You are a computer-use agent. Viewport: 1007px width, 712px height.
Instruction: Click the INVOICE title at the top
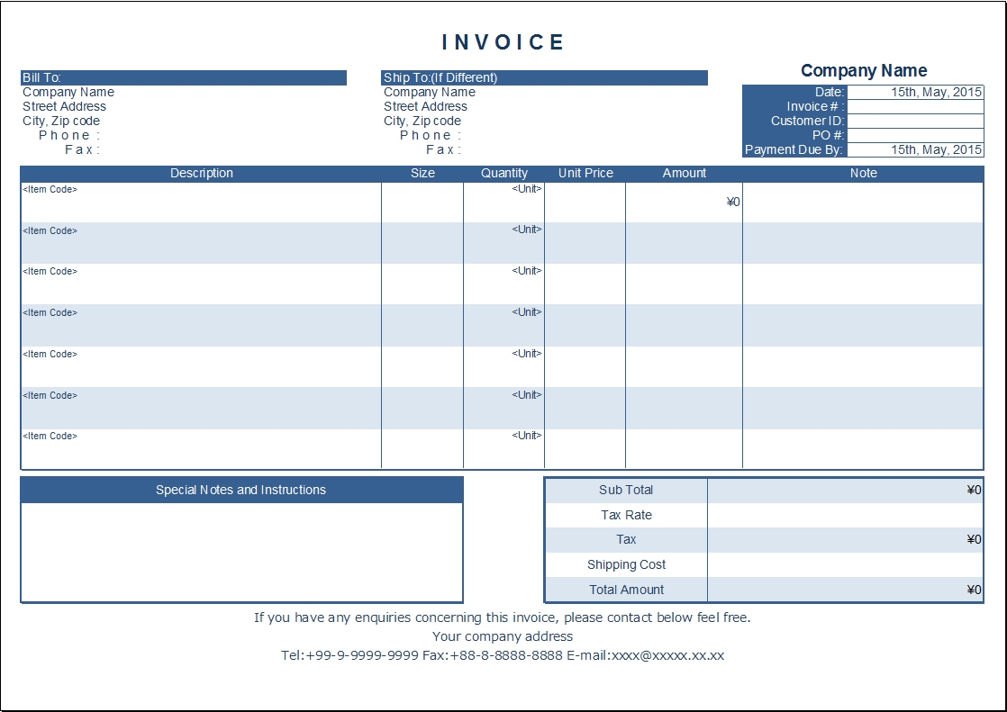tap(503, 42)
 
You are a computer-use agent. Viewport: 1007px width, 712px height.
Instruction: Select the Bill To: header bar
tap(183, 78)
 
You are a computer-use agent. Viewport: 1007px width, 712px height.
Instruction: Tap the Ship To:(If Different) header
tap(544, 78)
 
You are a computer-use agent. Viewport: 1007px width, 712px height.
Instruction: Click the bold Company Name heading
tap(863, 70)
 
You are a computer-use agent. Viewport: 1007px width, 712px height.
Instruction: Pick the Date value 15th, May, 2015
tap(936, 92)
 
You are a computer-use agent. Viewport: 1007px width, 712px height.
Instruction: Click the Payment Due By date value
tap(936, 150)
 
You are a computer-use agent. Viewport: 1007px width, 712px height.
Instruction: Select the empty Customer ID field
tap(914, 121)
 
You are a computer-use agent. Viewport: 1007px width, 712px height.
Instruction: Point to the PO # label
tap(828, 135)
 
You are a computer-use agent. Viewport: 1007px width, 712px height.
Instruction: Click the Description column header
tap(201, 173)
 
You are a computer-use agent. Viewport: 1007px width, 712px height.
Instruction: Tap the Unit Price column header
tap(585, 173)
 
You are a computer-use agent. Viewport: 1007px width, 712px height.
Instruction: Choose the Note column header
tap(863, 173)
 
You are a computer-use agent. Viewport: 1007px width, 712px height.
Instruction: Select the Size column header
tap(422, 173)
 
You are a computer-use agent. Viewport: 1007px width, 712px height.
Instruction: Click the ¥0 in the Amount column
tap(733, 203)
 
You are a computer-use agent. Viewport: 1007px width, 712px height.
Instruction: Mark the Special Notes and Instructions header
tap(240, 490)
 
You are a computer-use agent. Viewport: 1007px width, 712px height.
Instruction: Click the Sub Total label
tap(626, 490)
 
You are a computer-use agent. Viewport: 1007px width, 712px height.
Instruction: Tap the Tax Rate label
tap(626, 515)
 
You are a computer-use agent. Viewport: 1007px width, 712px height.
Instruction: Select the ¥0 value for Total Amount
tap(974, 590)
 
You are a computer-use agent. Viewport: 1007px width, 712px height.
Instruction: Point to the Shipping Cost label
tap(626, 565)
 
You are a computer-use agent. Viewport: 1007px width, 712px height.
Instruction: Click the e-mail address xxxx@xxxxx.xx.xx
tap(667, 655)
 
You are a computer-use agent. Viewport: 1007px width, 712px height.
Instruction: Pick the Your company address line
tap(503, 636)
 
